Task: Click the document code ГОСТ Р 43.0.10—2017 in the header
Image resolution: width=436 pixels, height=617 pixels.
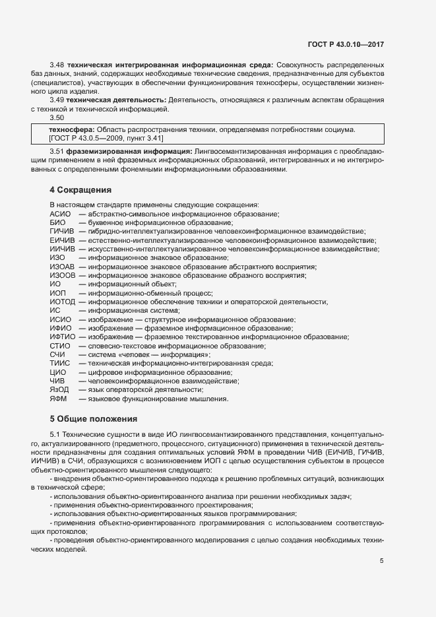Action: (346, 44)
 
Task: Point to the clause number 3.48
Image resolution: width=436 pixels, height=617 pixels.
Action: (57, 65)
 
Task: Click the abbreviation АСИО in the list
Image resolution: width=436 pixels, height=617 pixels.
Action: (60, 214)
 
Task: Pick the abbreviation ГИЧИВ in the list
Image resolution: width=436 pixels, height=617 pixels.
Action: (62, 232)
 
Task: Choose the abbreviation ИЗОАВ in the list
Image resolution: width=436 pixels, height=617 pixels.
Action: (63, 267)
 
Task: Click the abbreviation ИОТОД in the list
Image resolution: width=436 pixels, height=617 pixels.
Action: (63, 302)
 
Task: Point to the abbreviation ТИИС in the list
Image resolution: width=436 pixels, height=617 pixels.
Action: (59, 364)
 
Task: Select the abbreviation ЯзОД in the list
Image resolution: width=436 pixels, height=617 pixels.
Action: (59, 390)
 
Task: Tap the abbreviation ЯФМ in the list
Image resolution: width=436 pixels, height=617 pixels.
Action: (58, 399)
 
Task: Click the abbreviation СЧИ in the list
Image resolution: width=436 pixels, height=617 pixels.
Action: (57, 355)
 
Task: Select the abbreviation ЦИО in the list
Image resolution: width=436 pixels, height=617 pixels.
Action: (57, 372)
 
